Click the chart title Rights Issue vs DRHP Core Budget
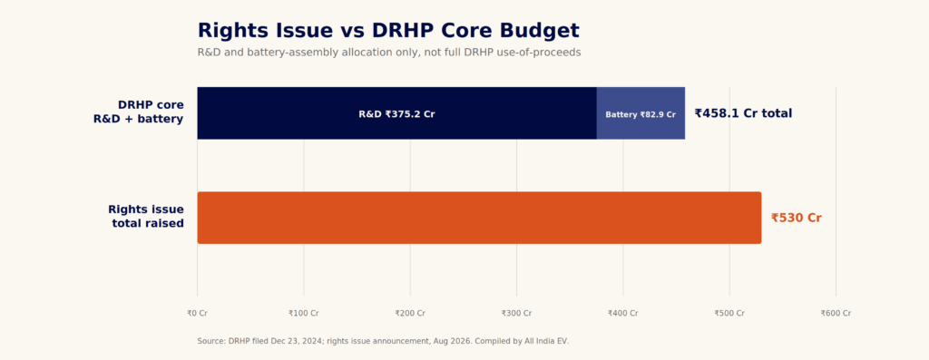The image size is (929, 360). click(388, 30)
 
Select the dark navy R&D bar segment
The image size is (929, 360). click(397, 113)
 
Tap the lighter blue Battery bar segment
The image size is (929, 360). click(641, 113)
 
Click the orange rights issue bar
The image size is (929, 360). click(479, 218)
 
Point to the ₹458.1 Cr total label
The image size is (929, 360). click(743, 113)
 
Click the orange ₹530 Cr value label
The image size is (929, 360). click(797, 218)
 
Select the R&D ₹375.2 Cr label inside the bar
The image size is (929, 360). click(396, 114)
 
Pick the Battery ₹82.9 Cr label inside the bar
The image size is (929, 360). click(641, 114)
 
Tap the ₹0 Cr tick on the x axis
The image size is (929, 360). click(197, 313)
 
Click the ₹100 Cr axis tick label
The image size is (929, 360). click(303, 313)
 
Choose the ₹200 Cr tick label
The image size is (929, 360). click(410, 313)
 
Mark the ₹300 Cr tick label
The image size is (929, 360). click(516, 313)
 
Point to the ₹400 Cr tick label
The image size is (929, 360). click(622, 313)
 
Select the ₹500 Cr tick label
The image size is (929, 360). click(729, 313)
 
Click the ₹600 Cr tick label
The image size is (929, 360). click(836, 313)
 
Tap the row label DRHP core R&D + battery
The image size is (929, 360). click(139, 112)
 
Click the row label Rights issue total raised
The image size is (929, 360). click(146, 217)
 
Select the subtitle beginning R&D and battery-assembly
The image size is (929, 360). click(389, 52)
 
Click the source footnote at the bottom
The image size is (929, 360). click(383, 341)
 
